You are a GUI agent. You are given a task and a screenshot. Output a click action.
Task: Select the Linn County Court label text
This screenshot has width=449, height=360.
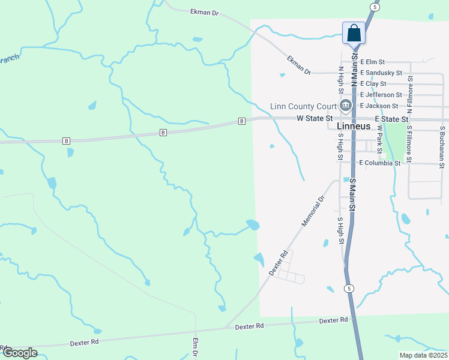coord(303,106)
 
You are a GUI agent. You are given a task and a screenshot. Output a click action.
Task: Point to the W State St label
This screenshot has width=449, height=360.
coord(315,119)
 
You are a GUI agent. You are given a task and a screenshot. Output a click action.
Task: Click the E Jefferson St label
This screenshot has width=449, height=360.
coord(381,95)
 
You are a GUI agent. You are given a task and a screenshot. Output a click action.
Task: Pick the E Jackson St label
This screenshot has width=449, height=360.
coord(379,106)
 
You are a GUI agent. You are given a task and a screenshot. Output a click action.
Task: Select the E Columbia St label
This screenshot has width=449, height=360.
coord(379,163)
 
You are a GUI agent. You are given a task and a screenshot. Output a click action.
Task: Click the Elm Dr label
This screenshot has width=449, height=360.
coord(195,349)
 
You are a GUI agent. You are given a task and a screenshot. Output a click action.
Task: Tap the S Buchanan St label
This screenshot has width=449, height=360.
coord(442,146)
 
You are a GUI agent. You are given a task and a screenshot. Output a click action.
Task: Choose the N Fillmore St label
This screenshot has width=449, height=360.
coord(410,95)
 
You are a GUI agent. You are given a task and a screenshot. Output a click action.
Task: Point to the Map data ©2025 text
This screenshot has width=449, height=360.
coord(423,355)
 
